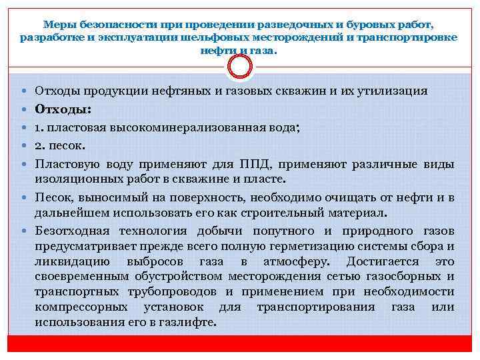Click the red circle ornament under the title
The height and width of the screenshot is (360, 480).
pos(240,66)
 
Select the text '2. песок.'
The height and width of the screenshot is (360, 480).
pos(61,145)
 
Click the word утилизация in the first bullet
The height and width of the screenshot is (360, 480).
pos(391,91)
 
